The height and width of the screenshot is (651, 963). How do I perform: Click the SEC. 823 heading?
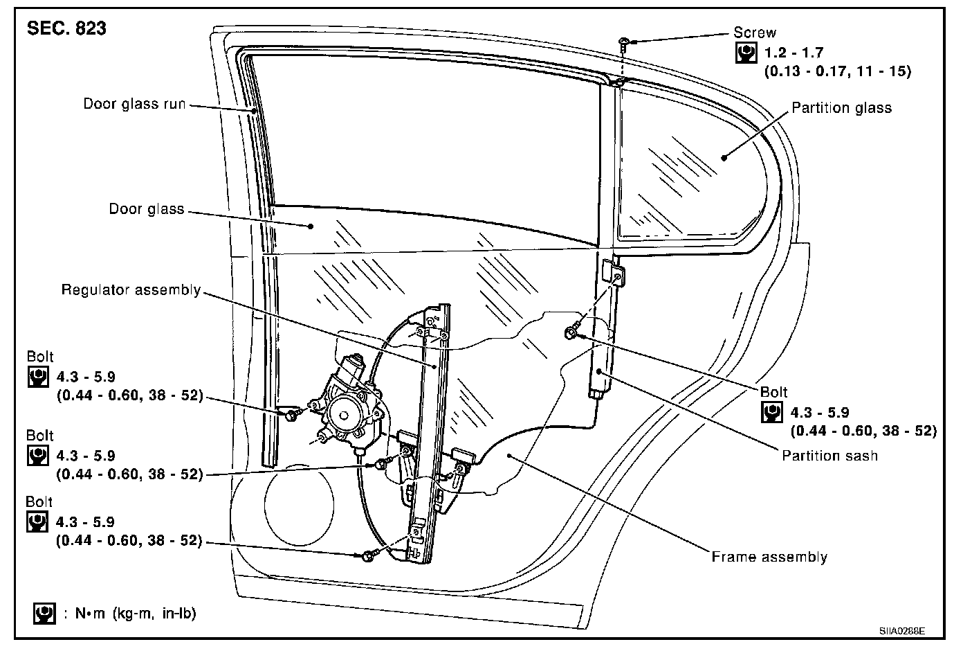[x=66, y=29]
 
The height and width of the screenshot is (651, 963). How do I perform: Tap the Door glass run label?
[x=134, y=104]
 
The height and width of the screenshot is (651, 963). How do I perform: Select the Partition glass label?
[x=841, y=107]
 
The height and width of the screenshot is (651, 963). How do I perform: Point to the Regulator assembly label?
[x=131, y=289]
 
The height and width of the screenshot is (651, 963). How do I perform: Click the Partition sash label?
[x=829, y=456]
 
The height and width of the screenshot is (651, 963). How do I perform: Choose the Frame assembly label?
[x=769, y=557]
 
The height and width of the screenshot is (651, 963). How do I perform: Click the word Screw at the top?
[x=755, y=33]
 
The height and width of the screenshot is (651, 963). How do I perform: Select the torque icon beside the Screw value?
[x=745, y=53]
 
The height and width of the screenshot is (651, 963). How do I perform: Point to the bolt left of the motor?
[x=292, y=414]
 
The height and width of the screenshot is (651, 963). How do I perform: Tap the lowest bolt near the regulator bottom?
[x=368, y=555]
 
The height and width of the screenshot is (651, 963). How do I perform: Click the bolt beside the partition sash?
[x=571, y=333]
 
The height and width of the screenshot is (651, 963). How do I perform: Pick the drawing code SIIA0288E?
[x=902, y=632]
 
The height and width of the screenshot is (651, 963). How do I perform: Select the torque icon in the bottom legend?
[x=44, y=614]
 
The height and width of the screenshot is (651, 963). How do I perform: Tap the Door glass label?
[x=147, y=209]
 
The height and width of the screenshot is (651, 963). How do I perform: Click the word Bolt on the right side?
[x=773, y=392]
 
